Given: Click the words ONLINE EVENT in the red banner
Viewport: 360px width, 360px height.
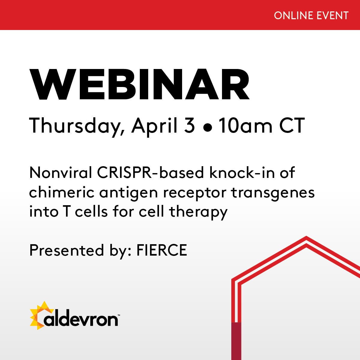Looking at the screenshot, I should pyautogui.click(x=311, y=16).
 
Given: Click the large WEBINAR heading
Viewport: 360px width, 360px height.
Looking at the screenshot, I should pyautogui.click(x=139, y=85).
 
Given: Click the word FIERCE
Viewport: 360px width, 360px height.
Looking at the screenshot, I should pyautogui.click(x=162, y=250).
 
